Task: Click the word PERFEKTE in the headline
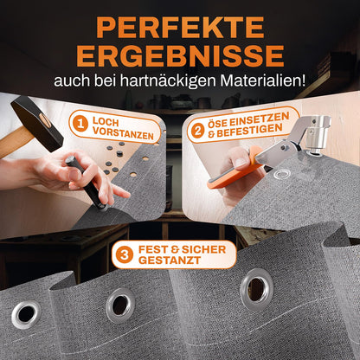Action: click(180, 28)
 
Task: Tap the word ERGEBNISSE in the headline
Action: click(181, 55)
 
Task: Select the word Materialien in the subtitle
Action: click(262, 81)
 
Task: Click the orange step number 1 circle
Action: click(80, 124)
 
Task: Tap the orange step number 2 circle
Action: click(197, 132)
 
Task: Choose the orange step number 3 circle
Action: click(125, 255)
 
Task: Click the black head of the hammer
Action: click(37, 124)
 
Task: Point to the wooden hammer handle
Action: click(15, 143)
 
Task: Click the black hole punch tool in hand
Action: click(86, 182)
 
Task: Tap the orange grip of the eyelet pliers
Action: click(234, 171)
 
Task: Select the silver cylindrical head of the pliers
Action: click(318, 134)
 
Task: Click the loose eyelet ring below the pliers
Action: click(282, 174)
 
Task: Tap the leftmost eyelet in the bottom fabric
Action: click(26, 315)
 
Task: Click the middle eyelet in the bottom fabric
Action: click(120, 305)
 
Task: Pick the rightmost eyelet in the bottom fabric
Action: click(257, 289)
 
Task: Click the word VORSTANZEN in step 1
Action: click(123, 133)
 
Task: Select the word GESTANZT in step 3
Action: click(170, 260)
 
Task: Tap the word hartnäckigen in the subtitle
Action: click(168, 81)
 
